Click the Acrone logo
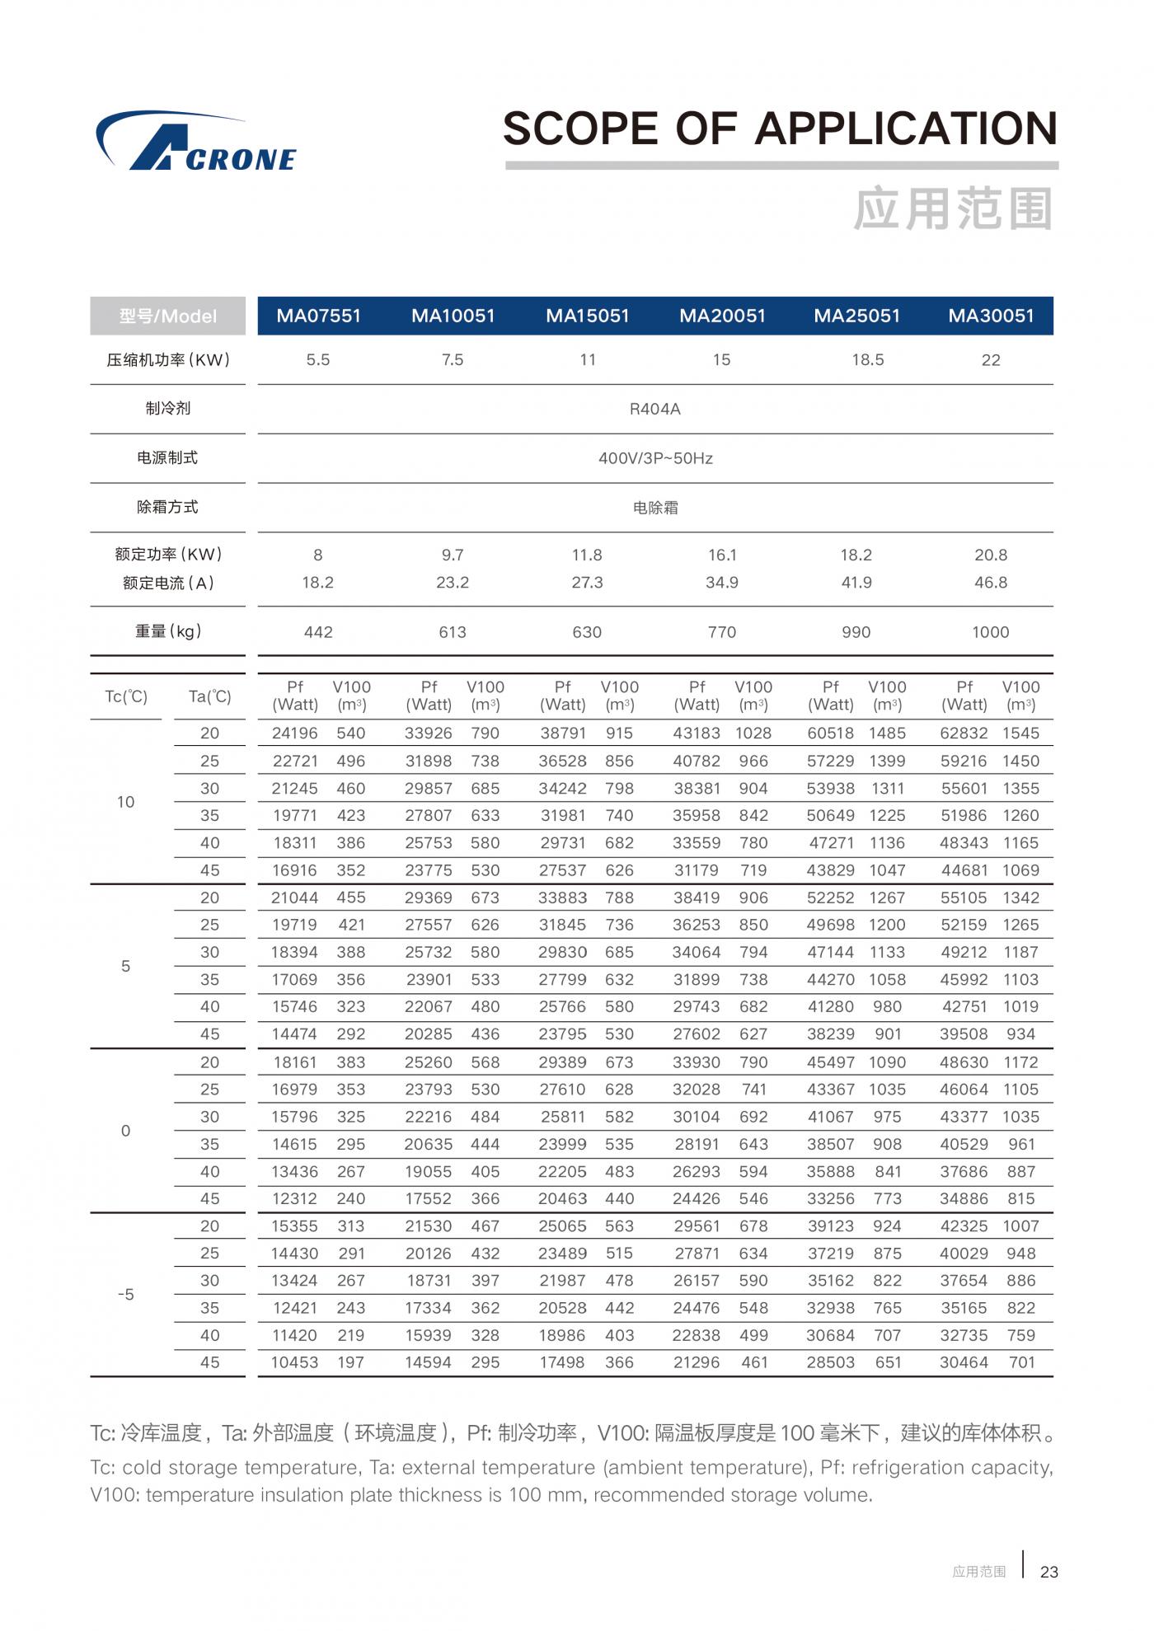[196, 142]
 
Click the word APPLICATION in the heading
[906, 129]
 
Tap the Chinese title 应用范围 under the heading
[953, 209]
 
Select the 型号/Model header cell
[168, 316]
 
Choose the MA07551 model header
[319, 316]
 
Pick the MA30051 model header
[991, 316]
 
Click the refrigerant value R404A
[654, 410]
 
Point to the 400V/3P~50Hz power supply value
[654, 458]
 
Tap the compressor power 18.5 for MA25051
[867, 360]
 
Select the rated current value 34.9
[721, 583]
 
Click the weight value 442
[318, 632]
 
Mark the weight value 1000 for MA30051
[990, 632]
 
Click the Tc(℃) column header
[126, 696]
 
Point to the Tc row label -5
[125, 1295]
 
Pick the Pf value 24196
[295, 733]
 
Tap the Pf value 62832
[964, 733]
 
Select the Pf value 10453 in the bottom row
[294, 1363]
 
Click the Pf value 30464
[964, 1363]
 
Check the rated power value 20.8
[990, 555]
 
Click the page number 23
[1048, 1572]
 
